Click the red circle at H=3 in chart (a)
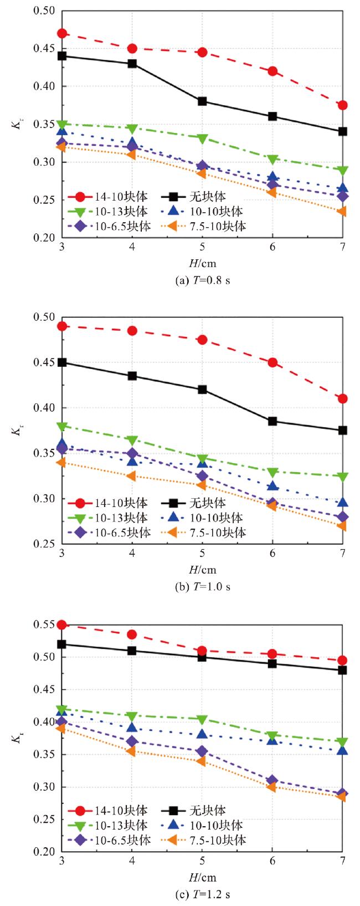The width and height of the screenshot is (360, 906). (x=62, y=33)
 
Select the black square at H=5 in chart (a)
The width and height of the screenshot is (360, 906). (x=202, y=101)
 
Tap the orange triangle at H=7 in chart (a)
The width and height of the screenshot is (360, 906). (x=342, y=211)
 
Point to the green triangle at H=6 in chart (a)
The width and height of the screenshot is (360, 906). (x=272, y=160)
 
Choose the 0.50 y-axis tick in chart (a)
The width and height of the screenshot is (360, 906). (x=44, y=11)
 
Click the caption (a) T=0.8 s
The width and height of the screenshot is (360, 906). (x=202, y=280)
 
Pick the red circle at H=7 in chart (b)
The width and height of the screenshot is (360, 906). (x=343, y=398)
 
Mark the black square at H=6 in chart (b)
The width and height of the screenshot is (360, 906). (x=272, y=421)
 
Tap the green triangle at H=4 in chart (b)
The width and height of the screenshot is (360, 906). (x=132, y=441)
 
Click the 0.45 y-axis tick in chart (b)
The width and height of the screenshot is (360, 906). (x=44, y=362)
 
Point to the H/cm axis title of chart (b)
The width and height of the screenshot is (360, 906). (x=202, y=570)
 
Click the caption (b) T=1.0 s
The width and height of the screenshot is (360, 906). (x=202, y=587)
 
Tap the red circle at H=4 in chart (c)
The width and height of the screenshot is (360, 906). (x=132, y=634)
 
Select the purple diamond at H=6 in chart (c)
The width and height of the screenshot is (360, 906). (x=272, y=780)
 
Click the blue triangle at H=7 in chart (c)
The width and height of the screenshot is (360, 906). (x=343, y=750)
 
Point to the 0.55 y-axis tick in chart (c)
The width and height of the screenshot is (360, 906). (x=44, y=625)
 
